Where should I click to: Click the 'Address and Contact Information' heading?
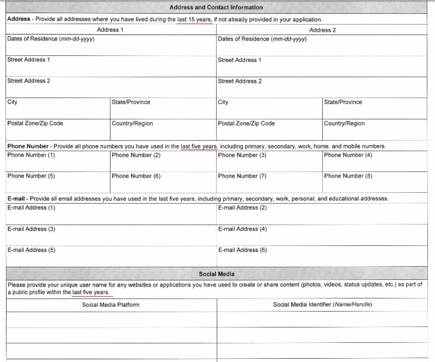pos(216,7)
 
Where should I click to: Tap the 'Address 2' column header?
pos(322,30)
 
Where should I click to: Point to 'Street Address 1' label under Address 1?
pos(28,60)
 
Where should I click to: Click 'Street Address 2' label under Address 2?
pos(240,81)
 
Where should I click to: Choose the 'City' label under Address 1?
pos(12,102)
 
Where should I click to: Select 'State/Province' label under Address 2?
pos(343,102)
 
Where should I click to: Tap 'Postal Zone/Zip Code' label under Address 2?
pos(246,123)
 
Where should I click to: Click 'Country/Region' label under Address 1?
pos(132,123)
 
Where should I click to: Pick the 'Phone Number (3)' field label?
pos(242,155)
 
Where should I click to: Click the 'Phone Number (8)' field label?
pos(348,176)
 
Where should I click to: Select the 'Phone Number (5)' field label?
pos(31,176)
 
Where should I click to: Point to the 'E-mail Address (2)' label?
pos(243,208)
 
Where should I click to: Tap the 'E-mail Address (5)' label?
pos(31,250)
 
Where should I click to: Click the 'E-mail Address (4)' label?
pos(243,229)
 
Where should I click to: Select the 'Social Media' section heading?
pos(217,274)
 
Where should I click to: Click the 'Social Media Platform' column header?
pos(110,305)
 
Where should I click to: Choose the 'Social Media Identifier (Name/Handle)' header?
pos(322,305)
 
